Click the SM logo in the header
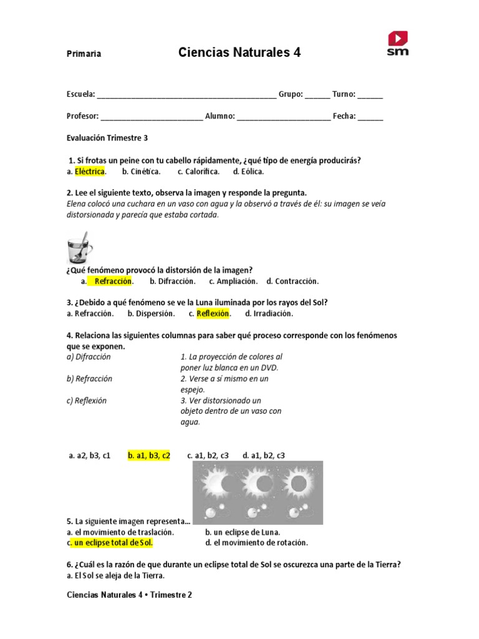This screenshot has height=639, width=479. tap(397, 44)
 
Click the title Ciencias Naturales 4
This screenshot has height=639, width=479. tap(239, 53)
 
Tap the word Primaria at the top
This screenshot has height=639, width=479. tap(84, 54)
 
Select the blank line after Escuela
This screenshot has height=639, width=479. tap(186, 95)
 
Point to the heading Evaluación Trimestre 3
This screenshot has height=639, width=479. tap(107, 138)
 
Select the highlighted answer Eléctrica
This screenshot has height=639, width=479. tap(90, 172)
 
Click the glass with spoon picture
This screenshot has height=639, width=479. tap(79, 248)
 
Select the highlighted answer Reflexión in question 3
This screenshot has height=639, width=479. tap(213, 313)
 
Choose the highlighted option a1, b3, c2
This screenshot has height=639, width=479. tap(149, 456)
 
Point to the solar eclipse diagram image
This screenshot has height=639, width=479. tap(258, 492)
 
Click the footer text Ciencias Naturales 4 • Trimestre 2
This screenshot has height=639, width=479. tap(129, 595)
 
